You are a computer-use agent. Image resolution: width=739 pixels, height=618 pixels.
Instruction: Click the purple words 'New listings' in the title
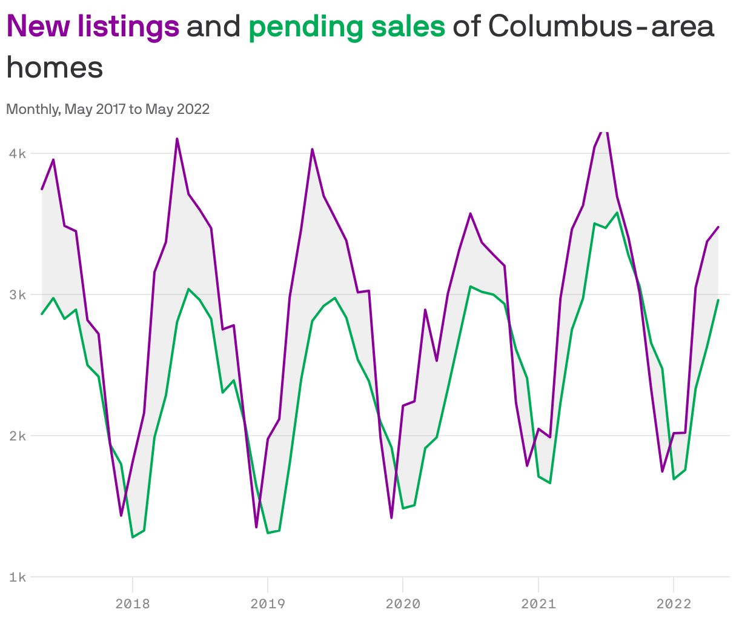(x=93, y=27)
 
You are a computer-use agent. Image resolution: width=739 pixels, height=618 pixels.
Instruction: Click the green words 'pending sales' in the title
(x=346, y=27)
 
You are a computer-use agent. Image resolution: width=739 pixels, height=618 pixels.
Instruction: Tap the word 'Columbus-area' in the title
(x=600, y=27)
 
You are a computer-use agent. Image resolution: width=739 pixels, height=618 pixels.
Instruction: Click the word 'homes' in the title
(x=55, y=67)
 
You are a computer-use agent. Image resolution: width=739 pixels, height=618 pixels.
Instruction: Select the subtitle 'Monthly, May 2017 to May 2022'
(x=108, y=109)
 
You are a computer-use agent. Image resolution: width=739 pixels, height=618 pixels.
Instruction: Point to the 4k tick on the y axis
(x=17, y=153)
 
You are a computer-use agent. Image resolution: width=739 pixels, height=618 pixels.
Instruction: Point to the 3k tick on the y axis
(x=17, y=294)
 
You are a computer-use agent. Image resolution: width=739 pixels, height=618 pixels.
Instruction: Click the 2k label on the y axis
(x=17, y=436)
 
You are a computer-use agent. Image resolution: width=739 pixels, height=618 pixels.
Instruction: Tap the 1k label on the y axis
(x=17, y=577)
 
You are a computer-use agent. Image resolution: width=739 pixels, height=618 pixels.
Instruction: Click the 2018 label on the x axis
(x=133, y=603)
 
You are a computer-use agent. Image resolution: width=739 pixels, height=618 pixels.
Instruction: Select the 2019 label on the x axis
(x=268, y=603)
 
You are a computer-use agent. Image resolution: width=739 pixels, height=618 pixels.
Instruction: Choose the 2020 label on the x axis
(x=403, y=603)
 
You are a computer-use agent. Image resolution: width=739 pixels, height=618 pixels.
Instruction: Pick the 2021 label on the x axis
(x=538, y=603)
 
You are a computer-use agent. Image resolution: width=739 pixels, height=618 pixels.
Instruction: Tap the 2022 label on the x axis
(x=674, y=603)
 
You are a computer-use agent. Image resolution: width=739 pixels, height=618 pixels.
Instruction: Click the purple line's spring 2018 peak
(x=177, y=139)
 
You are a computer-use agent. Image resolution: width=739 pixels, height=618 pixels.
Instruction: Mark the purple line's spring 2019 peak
(x=312, y=149)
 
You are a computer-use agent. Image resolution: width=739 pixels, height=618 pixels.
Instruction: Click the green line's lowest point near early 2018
(x=133, y=537)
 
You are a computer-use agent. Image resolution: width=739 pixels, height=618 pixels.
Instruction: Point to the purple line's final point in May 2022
(x=718, y=227)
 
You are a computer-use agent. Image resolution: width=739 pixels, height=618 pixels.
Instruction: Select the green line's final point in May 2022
(x=718, y=300)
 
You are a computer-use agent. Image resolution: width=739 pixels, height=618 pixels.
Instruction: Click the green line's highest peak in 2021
(x=617, y=213)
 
